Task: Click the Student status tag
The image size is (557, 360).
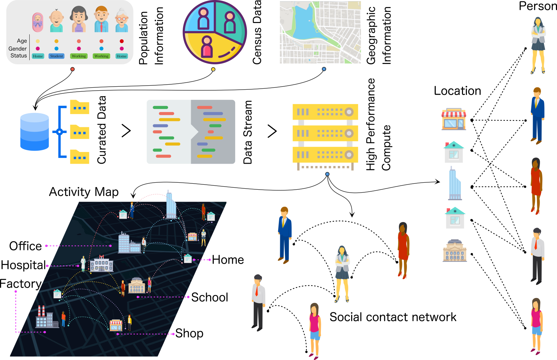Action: (x=56, y=56)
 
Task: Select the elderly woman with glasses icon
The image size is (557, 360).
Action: (x=122, y=21)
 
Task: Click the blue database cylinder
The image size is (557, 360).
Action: (x=34, y=132)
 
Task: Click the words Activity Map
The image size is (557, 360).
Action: (x=84, y=192)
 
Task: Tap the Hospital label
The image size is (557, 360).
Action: (x=23, y=265)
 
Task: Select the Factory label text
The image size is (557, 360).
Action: (x=21, y=284)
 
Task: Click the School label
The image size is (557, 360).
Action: (x=209, y=297)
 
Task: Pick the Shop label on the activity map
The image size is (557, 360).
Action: (x=189, y=333)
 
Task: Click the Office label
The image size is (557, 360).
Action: (x=25, y=246)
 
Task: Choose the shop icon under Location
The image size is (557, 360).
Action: (x=454, y=119)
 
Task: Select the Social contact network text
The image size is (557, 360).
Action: (x=393, y=317)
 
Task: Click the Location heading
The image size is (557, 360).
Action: (x=457, y=91)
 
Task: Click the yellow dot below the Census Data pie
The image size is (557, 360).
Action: (x=213, y=69)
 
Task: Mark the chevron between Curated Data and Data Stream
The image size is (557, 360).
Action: (x=126, y=131)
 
